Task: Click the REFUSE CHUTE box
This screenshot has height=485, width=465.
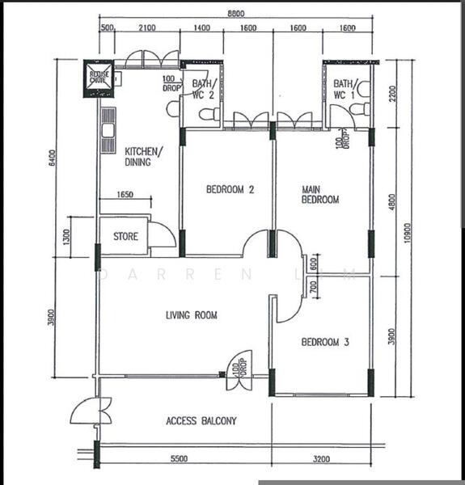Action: [99, 78]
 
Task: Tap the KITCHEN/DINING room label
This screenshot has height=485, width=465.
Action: [143, 156]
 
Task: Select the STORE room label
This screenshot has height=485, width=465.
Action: [125, 238]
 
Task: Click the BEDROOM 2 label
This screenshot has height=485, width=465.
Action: [230, 191]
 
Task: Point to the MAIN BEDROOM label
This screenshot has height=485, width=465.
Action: [320, 195]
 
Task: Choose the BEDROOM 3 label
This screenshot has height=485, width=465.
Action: [325, 343]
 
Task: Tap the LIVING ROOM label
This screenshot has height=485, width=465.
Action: [192, 315]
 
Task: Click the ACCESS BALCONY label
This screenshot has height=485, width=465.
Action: [201, 421]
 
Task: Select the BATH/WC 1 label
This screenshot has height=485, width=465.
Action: [344, 89]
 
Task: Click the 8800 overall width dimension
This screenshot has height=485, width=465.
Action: [236, 14]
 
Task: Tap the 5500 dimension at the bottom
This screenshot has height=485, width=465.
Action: [179, 458]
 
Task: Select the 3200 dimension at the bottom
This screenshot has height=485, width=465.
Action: [321, 458]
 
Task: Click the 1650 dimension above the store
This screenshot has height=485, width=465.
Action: [125, 195]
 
